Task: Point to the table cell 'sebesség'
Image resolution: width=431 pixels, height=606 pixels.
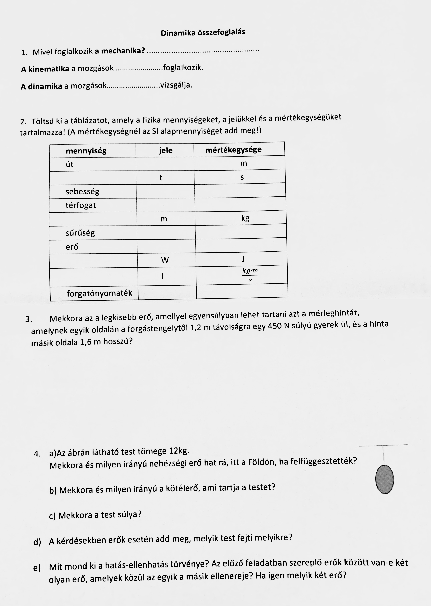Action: click(x=82, y=191)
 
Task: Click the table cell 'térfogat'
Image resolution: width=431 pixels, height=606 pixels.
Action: click(x=81, y=205)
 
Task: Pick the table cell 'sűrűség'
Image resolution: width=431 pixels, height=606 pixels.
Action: click(x=80, y=233)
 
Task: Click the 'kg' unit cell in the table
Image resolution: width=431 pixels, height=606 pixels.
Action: click(x=245, y=218)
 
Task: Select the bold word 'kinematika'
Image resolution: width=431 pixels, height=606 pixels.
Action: click(x=49, y=69)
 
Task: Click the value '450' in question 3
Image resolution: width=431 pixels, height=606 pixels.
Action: click(x=275, y=326)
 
